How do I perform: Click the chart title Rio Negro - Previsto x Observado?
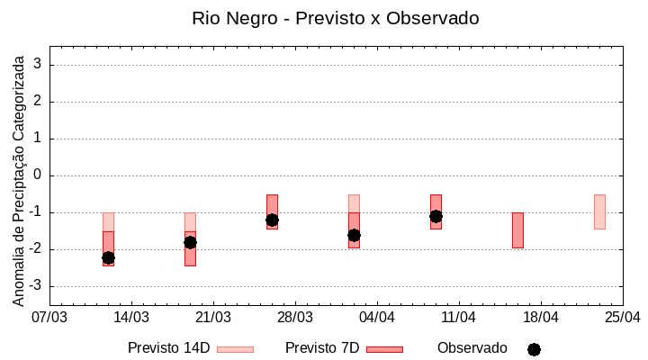[x=336, y=18]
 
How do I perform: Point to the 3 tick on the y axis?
[x=39, y=65]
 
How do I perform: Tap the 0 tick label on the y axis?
[x=39, y=175]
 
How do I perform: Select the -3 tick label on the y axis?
[x=36, y=286]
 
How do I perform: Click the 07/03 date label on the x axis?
[x=49, y=318]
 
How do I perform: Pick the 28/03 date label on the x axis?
[x=295, y=318]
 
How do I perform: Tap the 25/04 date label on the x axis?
[x=623, y=318]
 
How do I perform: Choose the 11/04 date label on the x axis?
[x=459, y=318]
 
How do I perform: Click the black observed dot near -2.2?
[x=108, y=257]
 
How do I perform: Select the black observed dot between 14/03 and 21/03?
[x=190, y=242]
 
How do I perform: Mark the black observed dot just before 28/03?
[x=272, y=220]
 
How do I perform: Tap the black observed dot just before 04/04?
[x=354, y=235]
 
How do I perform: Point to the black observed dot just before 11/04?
[x=436, y=216]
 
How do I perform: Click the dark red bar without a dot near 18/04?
[x=517, y=230]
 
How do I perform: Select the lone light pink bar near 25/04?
[x=599, y=211]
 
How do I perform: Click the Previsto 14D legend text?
[x=168, y=348]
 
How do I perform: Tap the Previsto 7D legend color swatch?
[x=384, y=349]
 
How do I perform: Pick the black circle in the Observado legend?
[x=534, y=349]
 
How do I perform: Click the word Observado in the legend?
[x=472, y=348]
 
